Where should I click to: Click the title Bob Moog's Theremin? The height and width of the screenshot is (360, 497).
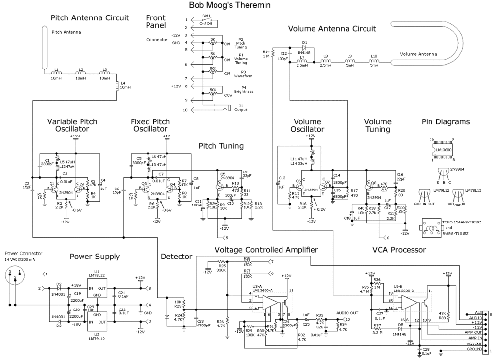tap(229, 5)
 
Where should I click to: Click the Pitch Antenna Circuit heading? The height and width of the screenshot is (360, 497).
tap(90, 18)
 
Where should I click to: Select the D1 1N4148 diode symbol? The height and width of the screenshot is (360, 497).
tap(304, 48)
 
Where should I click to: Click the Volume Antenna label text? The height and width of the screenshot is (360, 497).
tap(419, 54)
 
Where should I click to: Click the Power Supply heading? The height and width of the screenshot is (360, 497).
tap(95, 256)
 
